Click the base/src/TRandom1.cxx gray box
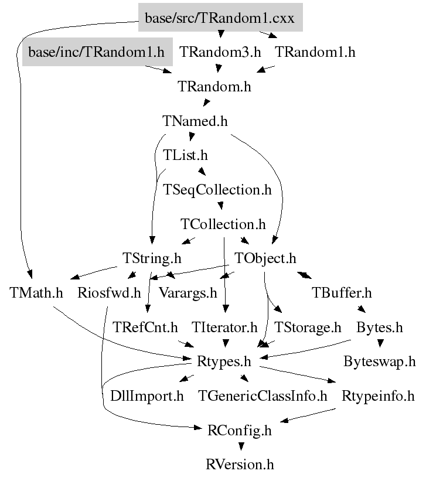click(x=220, y=19)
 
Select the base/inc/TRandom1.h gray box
click(x=97, y=52)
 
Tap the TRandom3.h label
click(x=220, y=52)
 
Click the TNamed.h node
click(x=195, y=121)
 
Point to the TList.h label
click(x=185, y=156)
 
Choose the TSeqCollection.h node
click(x=218, y=190)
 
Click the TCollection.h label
click(x=223, y=224)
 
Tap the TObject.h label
click(x=265, y=258)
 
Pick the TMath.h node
click(x=36, y=292)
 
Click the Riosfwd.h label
click(x=110, y=292)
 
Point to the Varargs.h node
click(x=188, y=292)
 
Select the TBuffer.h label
click(x=342, y=292)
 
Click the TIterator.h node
click(x=224, y=327)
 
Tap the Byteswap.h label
click(x=380, y=361)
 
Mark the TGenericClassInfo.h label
click(x=263, y=395)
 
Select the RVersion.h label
click(x=240, y=465)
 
